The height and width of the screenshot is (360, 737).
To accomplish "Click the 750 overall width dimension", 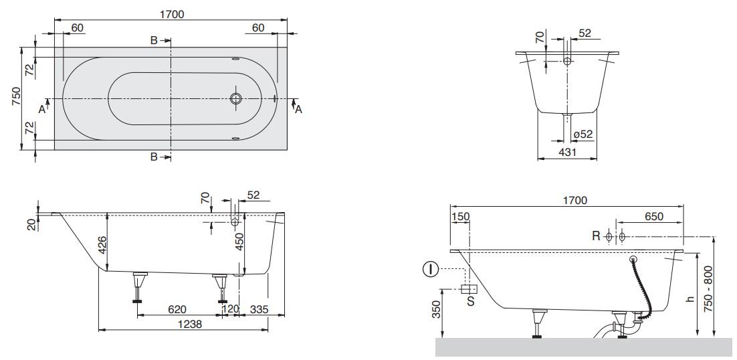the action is coord(16,97).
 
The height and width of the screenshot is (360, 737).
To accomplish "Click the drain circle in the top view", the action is coord(236,98).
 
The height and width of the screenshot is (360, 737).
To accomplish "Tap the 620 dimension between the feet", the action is coord(177,309).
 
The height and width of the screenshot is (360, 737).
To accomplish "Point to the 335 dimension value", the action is coord(260,309).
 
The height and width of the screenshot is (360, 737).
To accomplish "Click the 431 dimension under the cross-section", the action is coord(567,152).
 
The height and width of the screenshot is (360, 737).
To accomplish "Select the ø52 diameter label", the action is coord(583,134).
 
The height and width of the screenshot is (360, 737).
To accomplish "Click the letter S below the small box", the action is coord(471,301).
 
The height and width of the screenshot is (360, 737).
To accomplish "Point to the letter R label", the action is coord(596,236).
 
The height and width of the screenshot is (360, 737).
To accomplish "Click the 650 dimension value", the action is coord(654,216).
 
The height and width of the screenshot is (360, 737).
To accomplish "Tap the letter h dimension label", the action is coord(690,299).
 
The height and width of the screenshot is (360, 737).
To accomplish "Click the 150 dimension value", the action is coord(460,216).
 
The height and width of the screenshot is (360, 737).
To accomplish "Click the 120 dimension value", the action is coord(230,309).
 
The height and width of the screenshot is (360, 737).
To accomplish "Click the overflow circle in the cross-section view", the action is coord(567,61).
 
